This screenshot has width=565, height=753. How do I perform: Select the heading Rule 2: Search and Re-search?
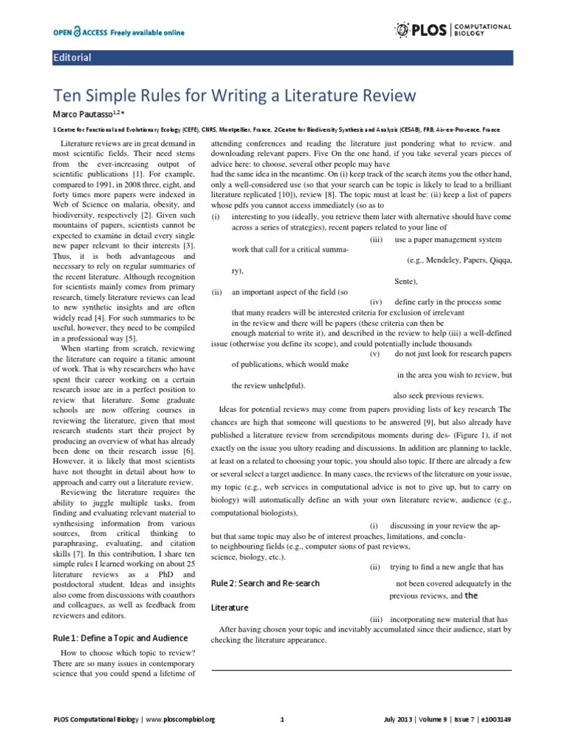point(265,583)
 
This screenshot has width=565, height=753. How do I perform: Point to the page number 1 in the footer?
point(282,718)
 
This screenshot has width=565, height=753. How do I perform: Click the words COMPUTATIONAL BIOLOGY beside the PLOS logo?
point(485,29)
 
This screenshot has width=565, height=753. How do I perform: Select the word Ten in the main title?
point(68,96)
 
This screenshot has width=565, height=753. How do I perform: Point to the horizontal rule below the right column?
point(361,669)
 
